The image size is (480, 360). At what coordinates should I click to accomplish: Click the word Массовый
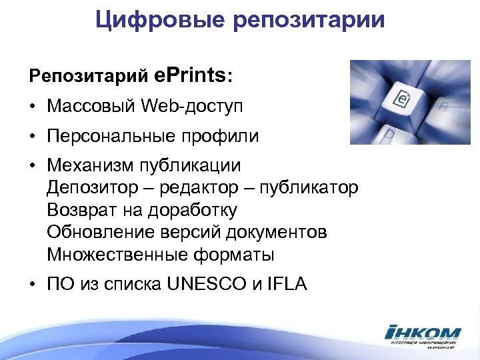[92, 107]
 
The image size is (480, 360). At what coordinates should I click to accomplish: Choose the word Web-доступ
[193, 107]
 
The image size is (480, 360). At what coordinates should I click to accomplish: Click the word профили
[225, 137]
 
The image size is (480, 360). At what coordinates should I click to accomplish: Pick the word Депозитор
[94, 188]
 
